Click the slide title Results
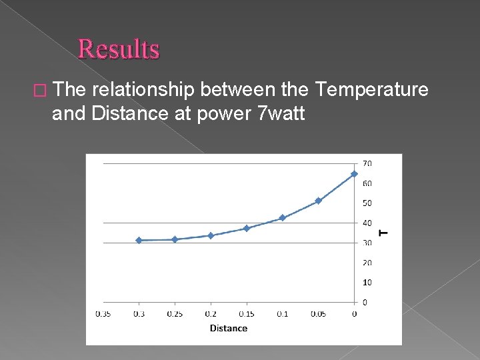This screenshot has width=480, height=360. click(119, 49)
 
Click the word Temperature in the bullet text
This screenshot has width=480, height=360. click(371, 89)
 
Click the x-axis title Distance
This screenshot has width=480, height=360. click(228, 328)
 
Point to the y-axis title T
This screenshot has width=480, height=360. click(383, 233)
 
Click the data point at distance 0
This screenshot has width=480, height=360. click(354, 174)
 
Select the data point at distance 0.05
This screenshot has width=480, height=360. click(318, 201)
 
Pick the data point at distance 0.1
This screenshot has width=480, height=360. click(282, 218)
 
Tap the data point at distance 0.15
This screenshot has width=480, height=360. click(246, 228)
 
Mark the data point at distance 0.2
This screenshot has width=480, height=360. click(211, 235)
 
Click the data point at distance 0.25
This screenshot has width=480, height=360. click(175, 239)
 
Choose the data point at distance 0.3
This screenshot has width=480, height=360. click(139, 240)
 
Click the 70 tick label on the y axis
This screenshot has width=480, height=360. click(367, 163)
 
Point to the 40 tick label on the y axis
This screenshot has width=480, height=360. click(367, 223)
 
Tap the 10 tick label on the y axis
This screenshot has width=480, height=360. click(367, 283)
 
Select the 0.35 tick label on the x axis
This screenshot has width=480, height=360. click(103, 314)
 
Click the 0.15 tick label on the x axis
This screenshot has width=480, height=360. click(246, 314)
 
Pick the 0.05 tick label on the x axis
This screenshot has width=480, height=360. click(318, 314)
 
